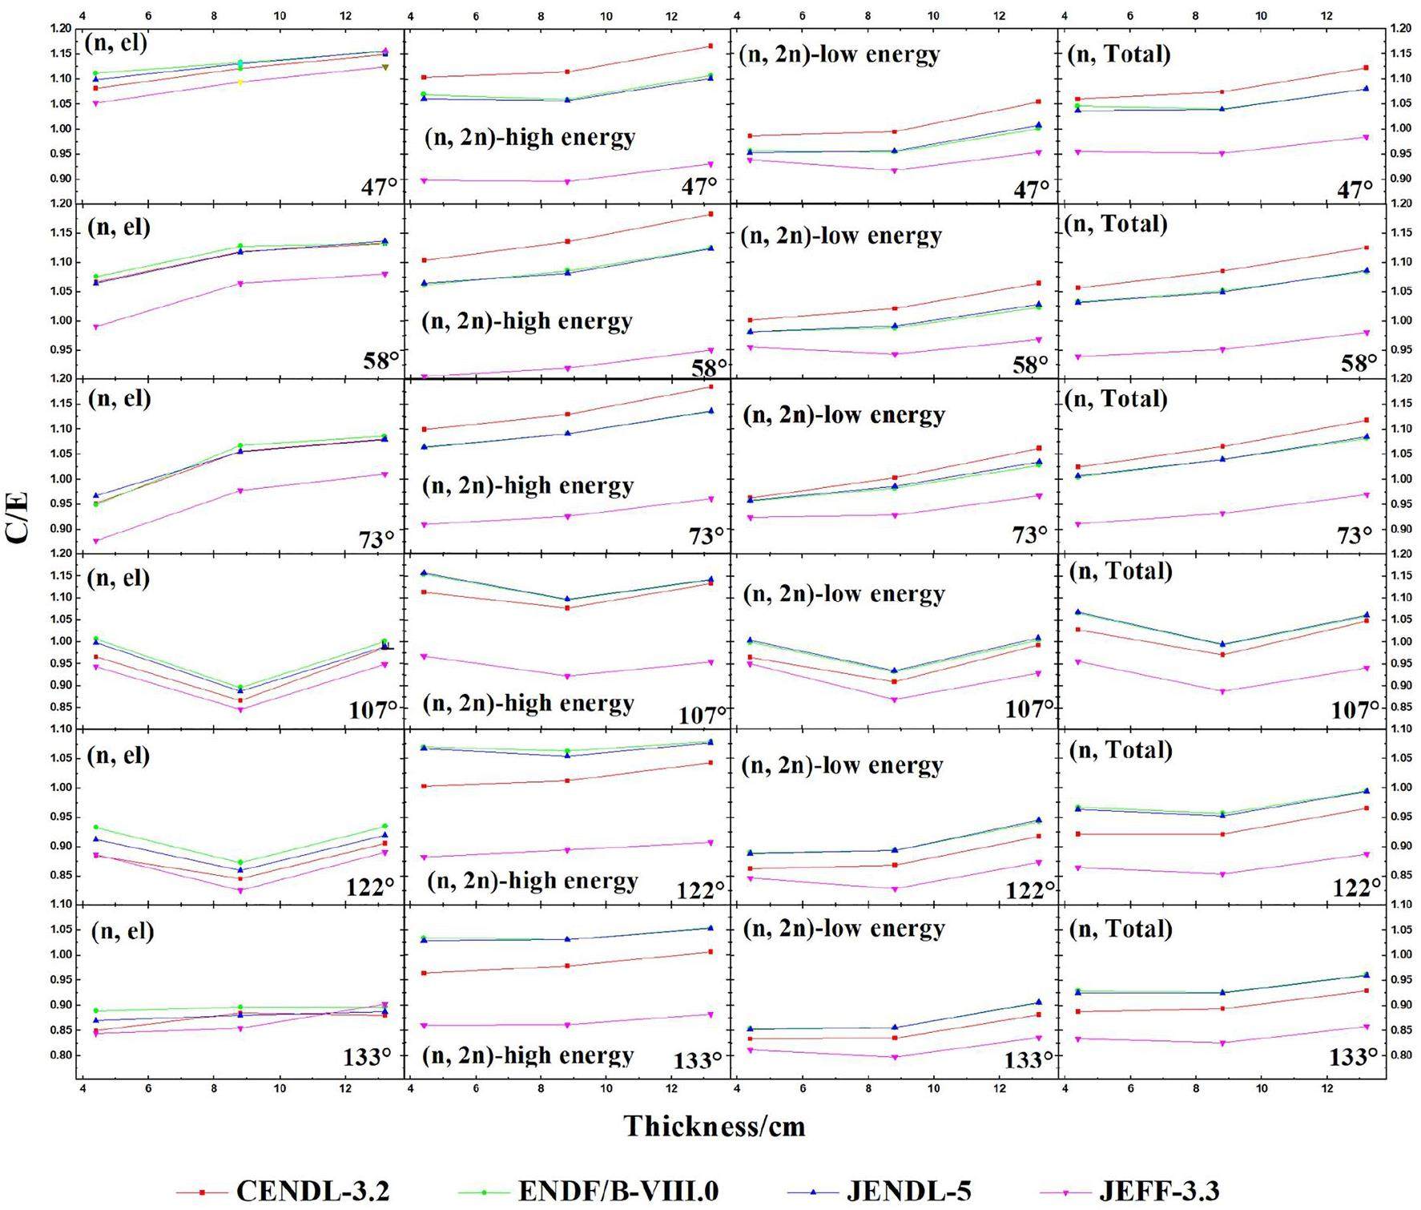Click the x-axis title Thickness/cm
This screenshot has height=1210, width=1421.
[715, 1126]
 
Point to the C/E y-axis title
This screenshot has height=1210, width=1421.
[18, 518]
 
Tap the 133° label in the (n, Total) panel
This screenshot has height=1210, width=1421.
[1354, 1057]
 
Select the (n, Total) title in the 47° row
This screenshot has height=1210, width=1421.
[1119, 54]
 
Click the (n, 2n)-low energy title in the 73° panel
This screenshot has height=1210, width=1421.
[844, 414]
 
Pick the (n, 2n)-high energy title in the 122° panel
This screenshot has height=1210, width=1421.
[533, 881]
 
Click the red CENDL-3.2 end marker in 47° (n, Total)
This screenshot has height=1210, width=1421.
[1366, 67]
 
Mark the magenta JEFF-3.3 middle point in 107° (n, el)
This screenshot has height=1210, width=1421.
[240, 709]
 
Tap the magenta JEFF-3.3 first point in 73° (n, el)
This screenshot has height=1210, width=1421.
[95, 541]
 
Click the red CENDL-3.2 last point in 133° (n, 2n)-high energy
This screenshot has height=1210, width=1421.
[710, 952]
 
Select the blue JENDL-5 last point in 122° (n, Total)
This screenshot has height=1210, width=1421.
[1366, 791]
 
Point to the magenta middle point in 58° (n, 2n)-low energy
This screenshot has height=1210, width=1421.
[894, 354]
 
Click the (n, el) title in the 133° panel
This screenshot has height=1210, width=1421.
[123, 931]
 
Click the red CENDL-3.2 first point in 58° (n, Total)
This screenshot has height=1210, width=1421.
[1077, 288]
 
